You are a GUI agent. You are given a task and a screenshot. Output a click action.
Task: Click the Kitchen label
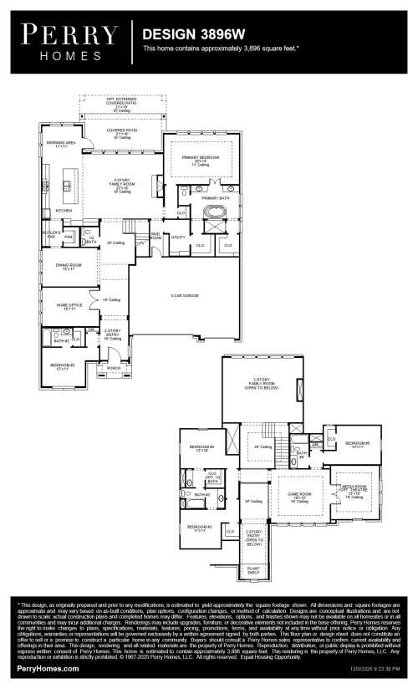[x=64, y=211]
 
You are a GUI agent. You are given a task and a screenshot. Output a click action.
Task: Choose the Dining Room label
[x=65, y=267]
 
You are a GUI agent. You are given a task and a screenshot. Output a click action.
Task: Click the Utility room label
[x=177, y=237]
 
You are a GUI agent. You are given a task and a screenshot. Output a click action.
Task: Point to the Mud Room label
[x=155, y=237]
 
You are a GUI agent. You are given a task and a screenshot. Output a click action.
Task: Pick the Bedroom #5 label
[x=357, y=444]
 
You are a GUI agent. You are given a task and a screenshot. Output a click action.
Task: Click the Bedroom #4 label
[x=205, y=447]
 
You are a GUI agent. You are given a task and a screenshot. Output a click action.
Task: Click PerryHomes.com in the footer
[x=48, y=669]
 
